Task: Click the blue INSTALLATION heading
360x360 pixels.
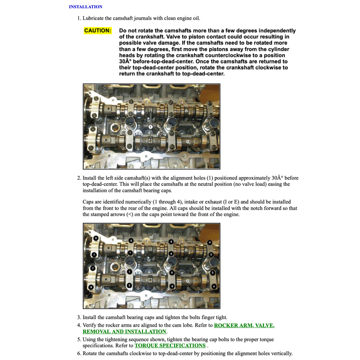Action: (85, 7)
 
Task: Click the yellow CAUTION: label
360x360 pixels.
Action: (98, 31)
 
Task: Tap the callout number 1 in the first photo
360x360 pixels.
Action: (150, 127)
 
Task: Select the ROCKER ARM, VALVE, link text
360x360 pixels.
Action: (244, 326)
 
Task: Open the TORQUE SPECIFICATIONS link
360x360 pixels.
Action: (170, 346)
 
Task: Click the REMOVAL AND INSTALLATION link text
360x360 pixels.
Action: (124, 332)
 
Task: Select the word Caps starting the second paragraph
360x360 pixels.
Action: (89, 202)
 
